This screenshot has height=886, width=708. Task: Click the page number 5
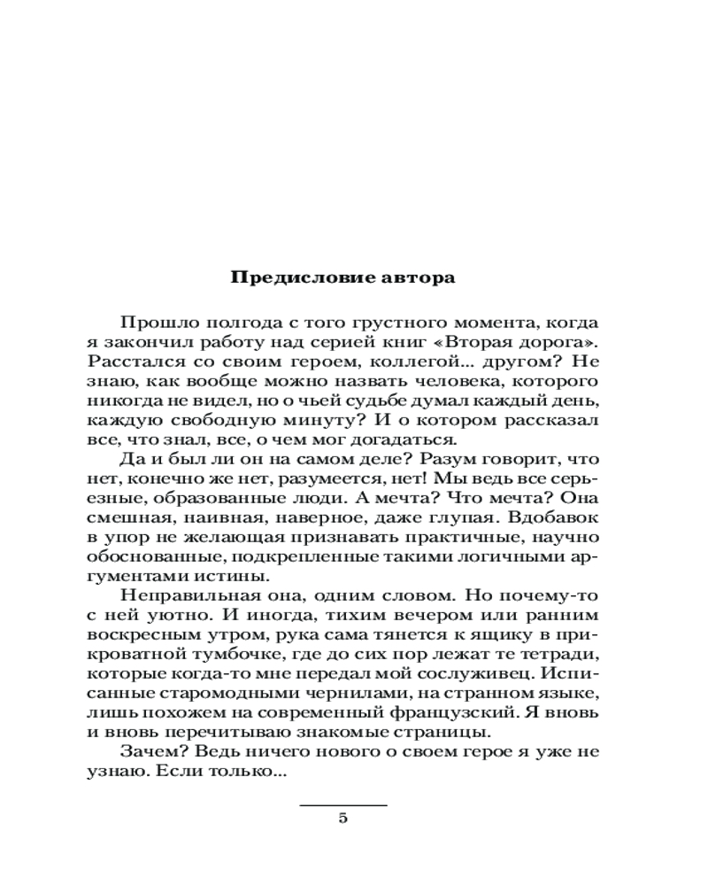(x=343, y=818)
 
